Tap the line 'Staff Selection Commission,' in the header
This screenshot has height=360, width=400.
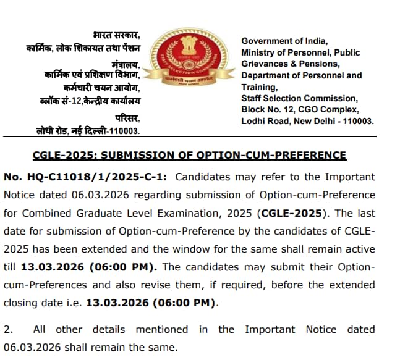[x=299, y=98]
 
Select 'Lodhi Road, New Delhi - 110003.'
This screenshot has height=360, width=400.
[x=307, y=121]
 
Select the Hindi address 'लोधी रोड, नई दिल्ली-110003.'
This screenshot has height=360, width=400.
[x=88, y=131]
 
